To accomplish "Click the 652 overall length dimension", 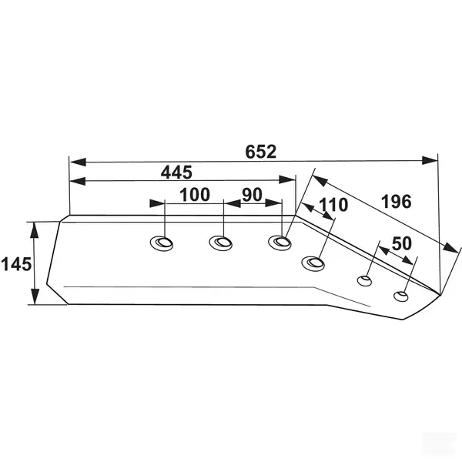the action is [261, 152].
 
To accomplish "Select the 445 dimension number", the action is [176, 172].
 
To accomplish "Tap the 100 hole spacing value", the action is [195, 195].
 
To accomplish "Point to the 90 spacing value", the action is [253, 195].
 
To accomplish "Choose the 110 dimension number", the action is [333, 205].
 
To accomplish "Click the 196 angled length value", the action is [397, 202].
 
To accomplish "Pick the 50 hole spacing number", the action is [401, 243].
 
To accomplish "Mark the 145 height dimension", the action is [16, 264].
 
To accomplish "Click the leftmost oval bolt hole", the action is [162, 243].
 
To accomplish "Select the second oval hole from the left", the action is [221, 243].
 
